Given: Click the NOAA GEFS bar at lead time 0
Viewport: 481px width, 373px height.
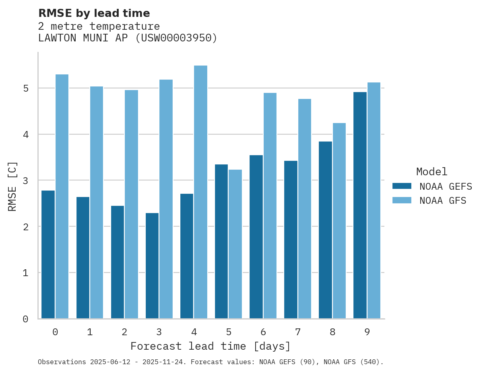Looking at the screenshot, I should pos(48,254).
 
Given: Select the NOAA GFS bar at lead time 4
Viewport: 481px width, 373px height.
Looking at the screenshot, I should pos(200,192).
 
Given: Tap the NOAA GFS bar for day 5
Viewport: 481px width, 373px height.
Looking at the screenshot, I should pos(235,244).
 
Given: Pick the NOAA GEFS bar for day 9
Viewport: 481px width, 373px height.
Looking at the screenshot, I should pos(360,205).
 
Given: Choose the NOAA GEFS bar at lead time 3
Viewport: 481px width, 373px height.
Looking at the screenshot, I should pos(152,266).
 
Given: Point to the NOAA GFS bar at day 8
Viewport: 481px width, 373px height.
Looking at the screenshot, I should pos(339,221).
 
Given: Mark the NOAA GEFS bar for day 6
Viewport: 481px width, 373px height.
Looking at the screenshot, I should pos(256,237).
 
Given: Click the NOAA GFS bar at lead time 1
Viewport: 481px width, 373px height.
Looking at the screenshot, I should pos(97,202).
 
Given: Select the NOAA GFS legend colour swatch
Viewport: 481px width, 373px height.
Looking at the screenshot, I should pos(402,200).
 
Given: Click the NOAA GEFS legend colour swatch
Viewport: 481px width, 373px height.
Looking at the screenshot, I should pos(402,186).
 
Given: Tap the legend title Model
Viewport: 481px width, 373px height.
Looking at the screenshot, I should pos(431,172).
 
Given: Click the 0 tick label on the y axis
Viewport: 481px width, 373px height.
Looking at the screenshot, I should pos(25,319).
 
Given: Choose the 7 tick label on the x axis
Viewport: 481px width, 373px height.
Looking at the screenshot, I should pos(298,332).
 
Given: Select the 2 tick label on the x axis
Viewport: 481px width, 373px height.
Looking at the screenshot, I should pos(124,332).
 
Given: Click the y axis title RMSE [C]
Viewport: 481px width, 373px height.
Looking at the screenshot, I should pos(12,186).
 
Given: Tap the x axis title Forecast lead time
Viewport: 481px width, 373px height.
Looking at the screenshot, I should pos(210,346).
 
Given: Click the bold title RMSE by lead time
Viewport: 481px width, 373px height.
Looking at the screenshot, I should pos(94,13).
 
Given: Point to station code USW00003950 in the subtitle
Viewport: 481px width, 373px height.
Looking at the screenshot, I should pos(176,38).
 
